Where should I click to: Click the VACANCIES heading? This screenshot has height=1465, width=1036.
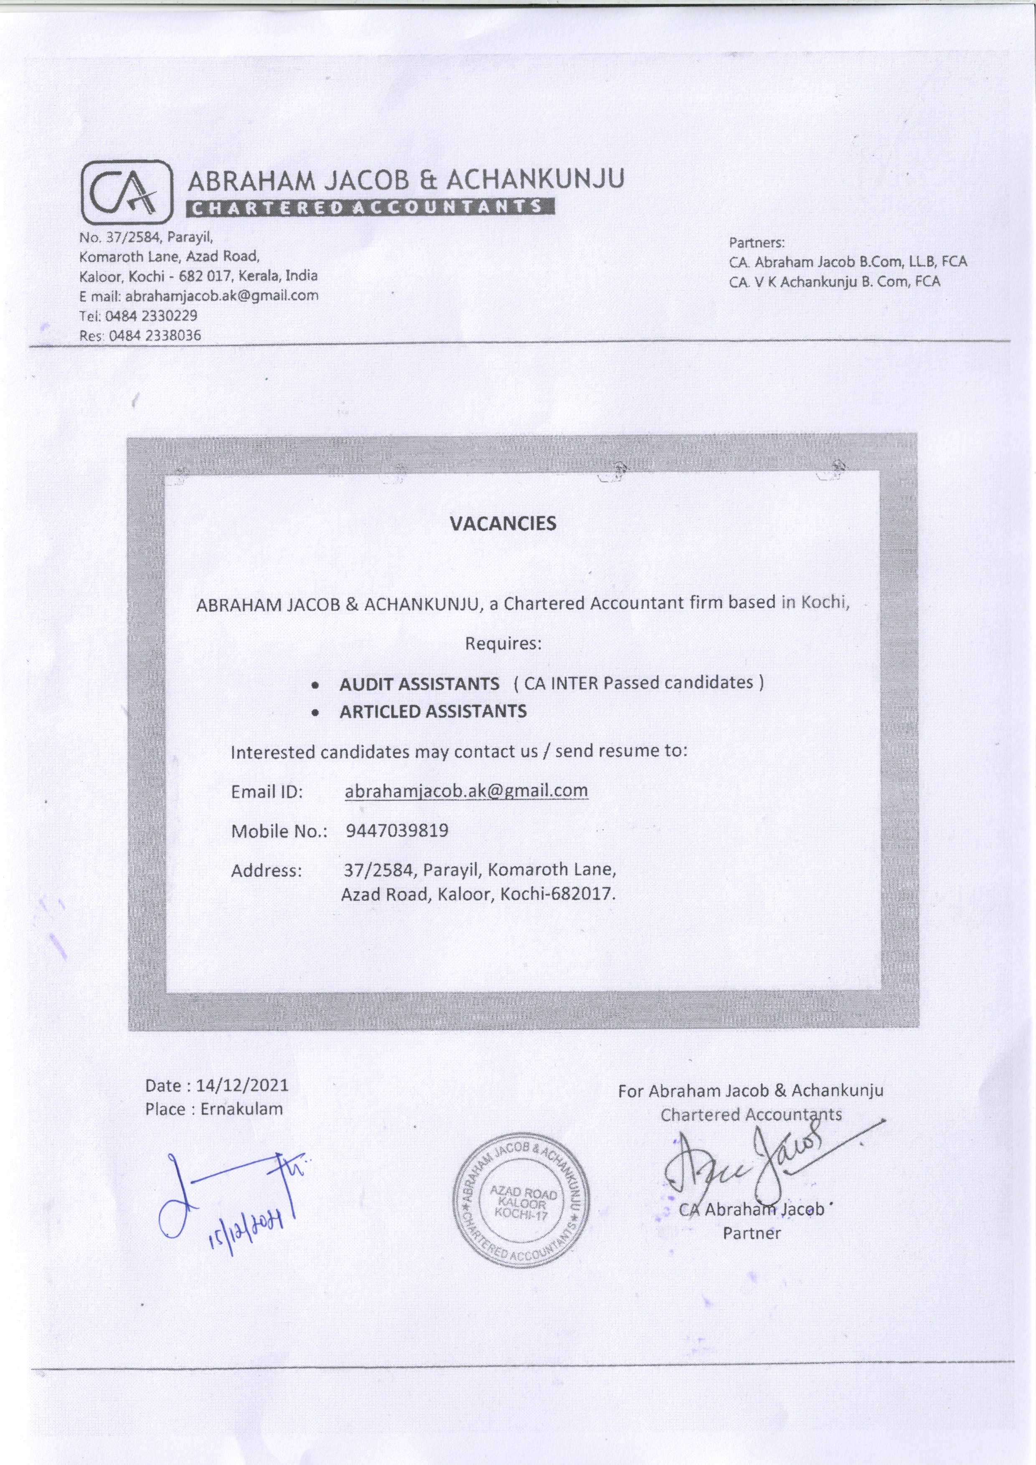(503, 524)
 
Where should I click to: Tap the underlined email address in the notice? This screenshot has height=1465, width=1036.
(466, 791)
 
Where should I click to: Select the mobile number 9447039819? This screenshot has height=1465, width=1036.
(397, 830)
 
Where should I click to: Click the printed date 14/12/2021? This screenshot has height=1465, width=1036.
(243, 1085)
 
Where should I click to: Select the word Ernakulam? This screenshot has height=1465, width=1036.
(241, 1109)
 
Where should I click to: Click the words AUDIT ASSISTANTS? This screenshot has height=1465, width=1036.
(419, 684)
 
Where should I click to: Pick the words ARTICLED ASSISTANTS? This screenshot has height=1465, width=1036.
(433, 712)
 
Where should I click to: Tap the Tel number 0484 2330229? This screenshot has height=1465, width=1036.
(151, 316)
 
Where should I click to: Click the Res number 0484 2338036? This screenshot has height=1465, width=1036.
(155, 335)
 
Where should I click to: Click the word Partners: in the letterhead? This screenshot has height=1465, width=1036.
(757, 243)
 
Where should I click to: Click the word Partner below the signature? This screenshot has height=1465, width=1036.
(751, 1233)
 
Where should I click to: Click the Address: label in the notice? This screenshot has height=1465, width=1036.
(266, 870)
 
